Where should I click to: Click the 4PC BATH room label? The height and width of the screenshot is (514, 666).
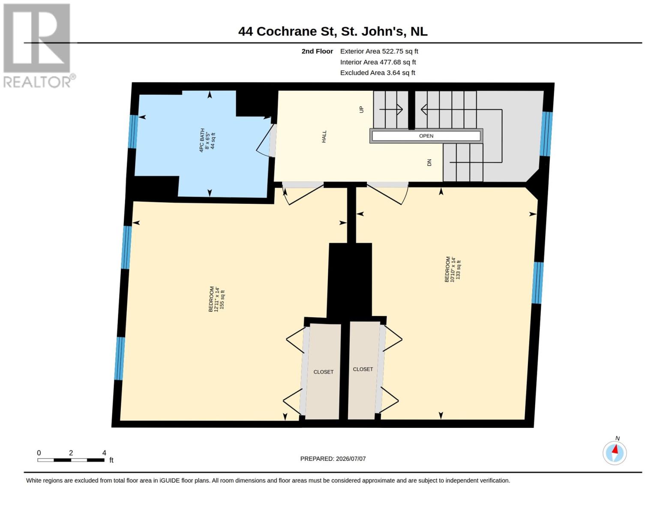pos(207,140)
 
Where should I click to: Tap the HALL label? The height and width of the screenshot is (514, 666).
pos(324,136)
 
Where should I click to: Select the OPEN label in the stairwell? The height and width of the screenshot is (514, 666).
pos(426,136)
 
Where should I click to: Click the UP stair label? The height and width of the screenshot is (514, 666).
pos(361,109)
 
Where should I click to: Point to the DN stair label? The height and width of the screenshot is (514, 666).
pos(429,162)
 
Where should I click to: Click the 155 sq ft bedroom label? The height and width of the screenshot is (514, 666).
pos(216,299)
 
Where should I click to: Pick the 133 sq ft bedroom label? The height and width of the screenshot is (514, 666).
pos(453,269)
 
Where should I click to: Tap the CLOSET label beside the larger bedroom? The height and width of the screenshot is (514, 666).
pos(323,372)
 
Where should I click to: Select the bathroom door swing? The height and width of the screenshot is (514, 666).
pos(264,141)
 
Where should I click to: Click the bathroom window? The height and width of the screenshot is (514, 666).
pos(133,132)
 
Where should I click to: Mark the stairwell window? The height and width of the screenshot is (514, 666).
pos(546,134)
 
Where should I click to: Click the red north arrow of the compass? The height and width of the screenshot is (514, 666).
pos(615,449)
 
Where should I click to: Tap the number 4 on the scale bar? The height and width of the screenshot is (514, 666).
pos(104,453)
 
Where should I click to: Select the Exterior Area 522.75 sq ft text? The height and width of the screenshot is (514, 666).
pos(379,51)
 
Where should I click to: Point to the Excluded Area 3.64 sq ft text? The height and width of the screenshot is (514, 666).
pos(378,72)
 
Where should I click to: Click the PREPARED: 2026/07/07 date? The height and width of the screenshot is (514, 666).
pos(333,459)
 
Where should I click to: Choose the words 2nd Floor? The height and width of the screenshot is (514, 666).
pos(317,51)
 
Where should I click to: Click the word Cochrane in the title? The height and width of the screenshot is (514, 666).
pos(287,31)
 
